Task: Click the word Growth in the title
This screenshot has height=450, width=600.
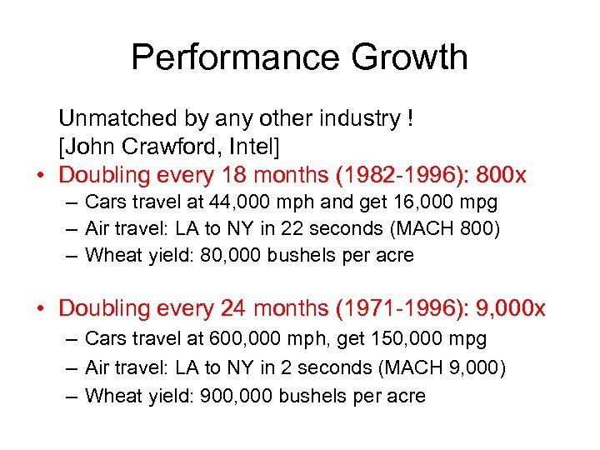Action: tap(409, 57)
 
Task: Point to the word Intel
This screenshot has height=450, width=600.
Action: tap(255, 147)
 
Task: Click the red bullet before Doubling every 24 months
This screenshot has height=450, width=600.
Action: tap(41, 309)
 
